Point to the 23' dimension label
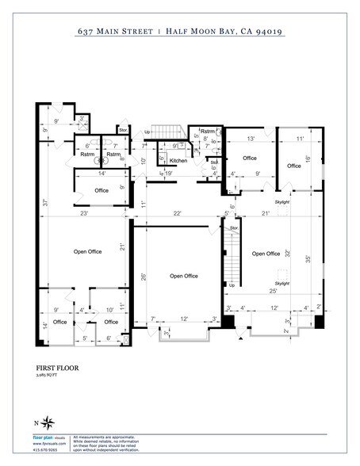[82, 215]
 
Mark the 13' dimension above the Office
[251, 139]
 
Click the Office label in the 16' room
[294, 166]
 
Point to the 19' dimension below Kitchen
[168, 172]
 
